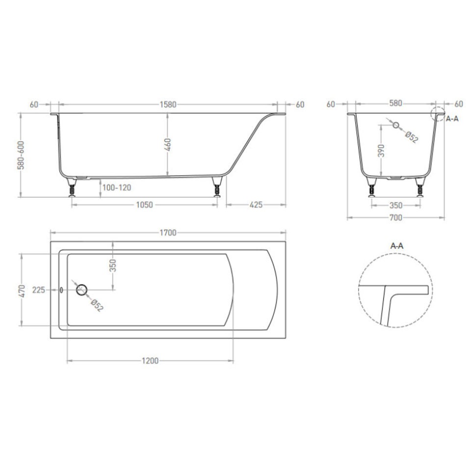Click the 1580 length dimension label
168,104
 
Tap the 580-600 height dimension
21,155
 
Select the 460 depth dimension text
168,145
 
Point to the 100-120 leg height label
117,188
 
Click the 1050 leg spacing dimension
144,205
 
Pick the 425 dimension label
256,205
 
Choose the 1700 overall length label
168,233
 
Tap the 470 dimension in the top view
22,290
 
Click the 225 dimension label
39,290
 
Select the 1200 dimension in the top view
150,361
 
